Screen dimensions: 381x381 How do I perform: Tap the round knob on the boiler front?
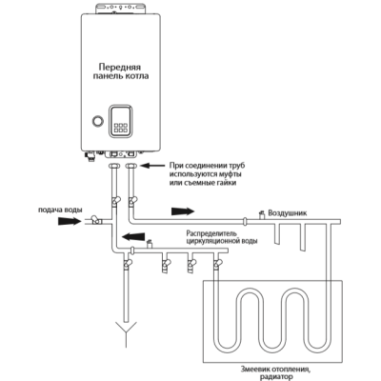[x=97, y=123]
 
